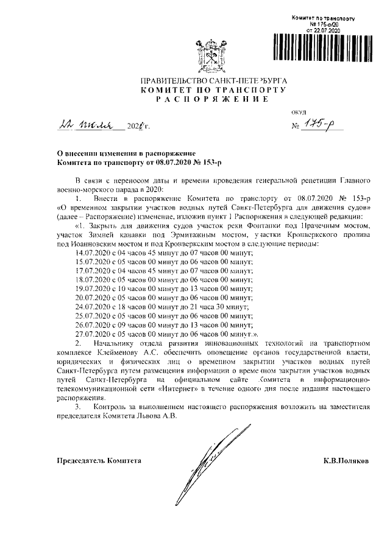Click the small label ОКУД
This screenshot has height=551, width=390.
[299, 113]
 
